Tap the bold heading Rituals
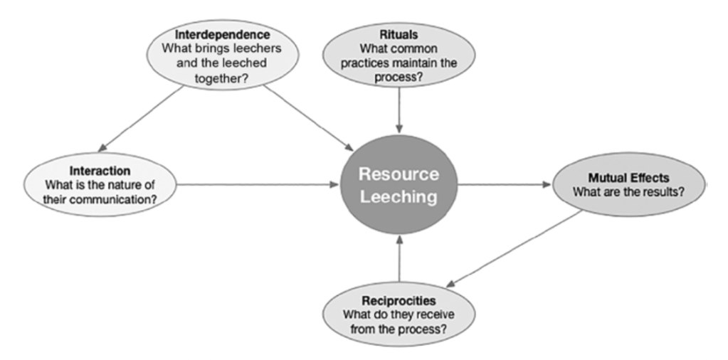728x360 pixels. point(399,35)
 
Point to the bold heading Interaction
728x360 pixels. point(100,171)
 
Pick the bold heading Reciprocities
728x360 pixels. point(398,300)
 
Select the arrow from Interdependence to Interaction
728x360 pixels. point(140,118)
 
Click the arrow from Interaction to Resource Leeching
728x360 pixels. point(256,184)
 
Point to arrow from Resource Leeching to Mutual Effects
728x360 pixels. point(504,184)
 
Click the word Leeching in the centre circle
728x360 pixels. point(399,197)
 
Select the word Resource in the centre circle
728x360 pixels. point(399,174)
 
